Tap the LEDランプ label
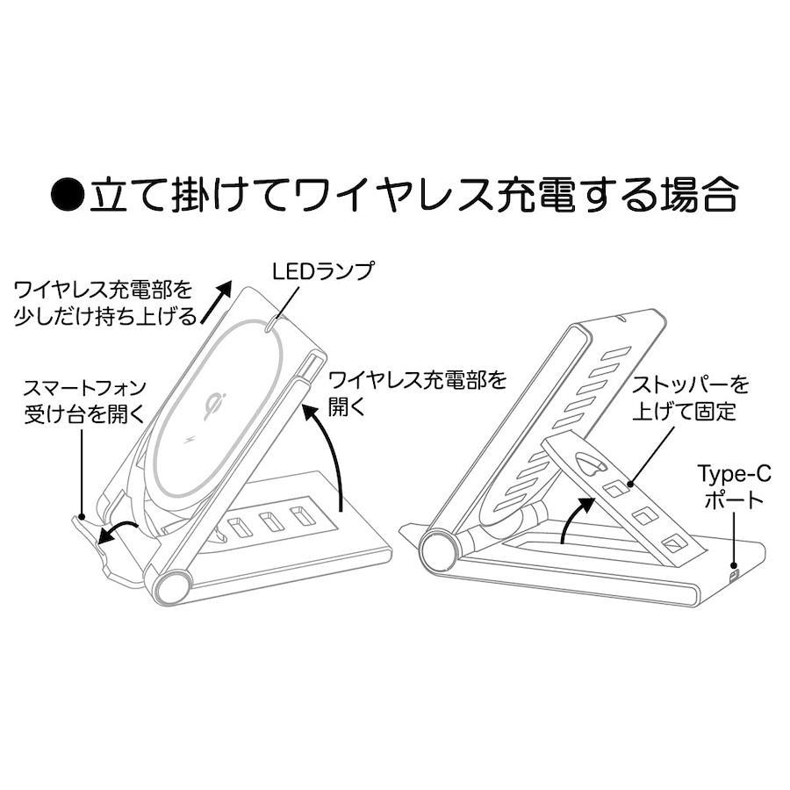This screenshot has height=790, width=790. [322, 271]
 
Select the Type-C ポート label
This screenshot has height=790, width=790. [734, 486]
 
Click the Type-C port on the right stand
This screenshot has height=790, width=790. [734, 574]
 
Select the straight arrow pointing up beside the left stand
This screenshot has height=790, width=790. [216, 302]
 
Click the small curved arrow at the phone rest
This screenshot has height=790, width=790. [118, 533]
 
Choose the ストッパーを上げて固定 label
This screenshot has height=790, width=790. [690, 399]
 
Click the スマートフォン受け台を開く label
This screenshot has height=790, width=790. [84, 401]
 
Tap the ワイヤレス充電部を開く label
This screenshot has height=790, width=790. [417, 395]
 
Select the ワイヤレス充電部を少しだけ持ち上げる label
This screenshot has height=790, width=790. [104, 304]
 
